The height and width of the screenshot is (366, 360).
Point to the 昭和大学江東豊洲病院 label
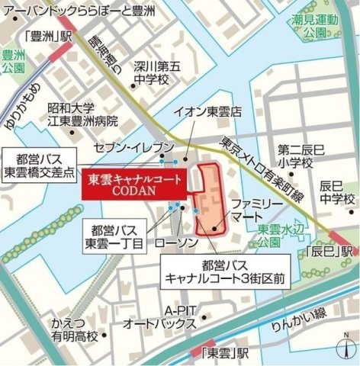(82, 114)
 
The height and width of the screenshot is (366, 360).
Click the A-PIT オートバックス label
(178, 316)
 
